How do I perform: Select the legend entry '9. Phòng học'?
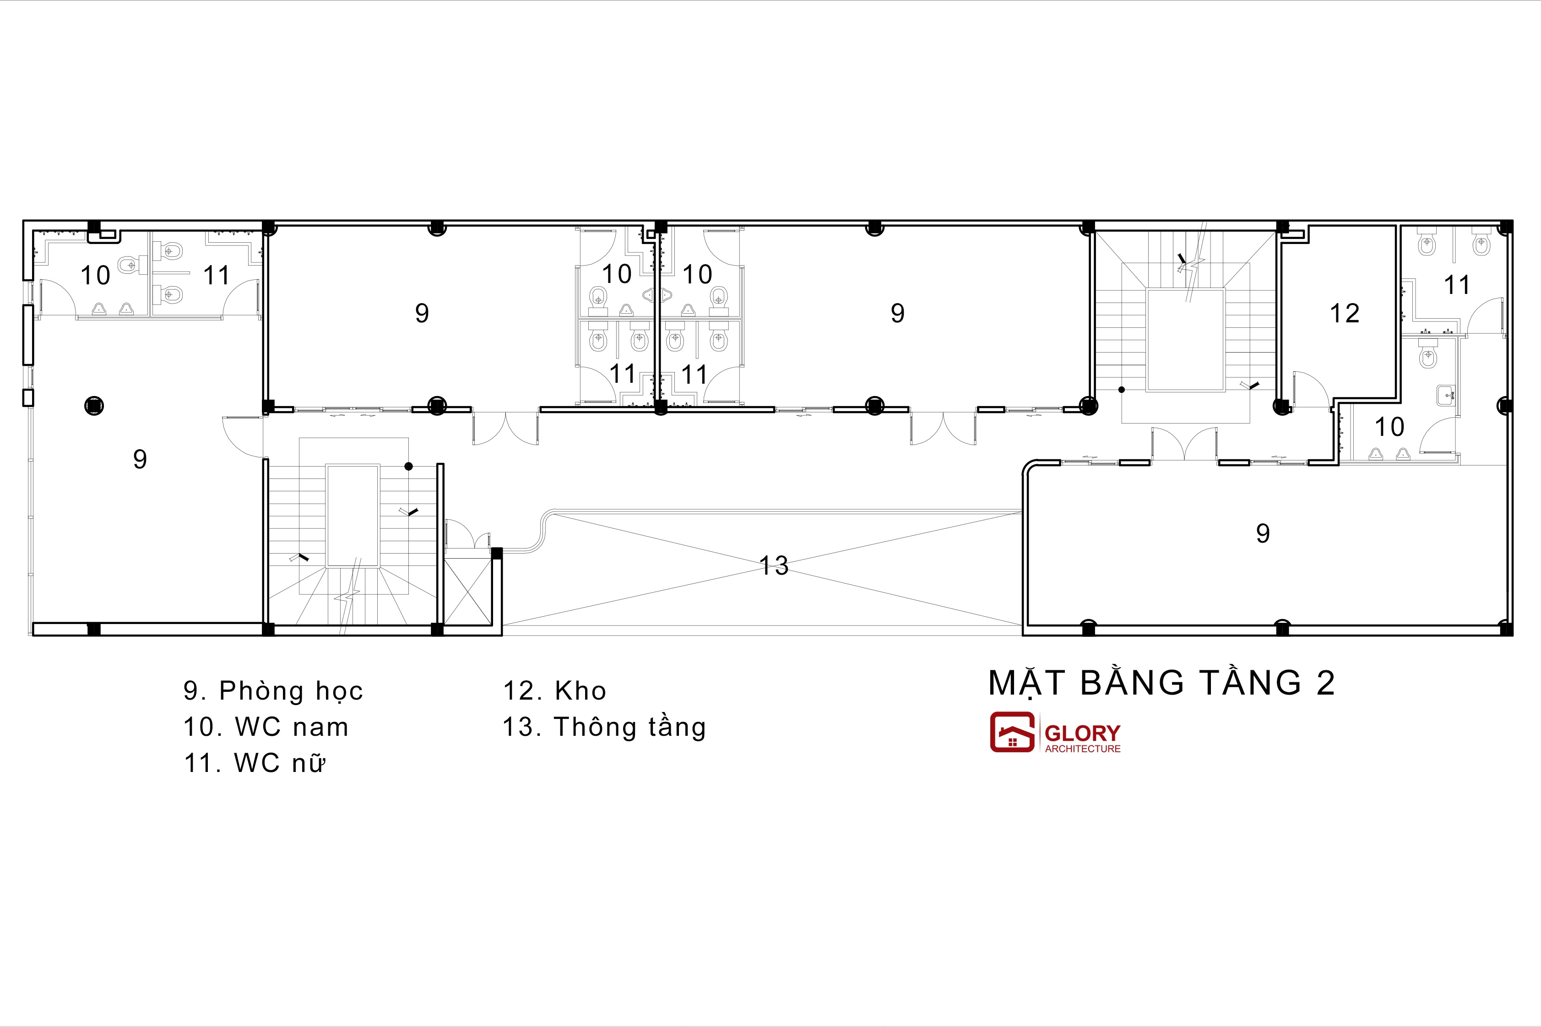[x=273, y=691]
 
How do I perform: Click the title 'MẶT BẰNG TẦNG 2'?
[x=1161, y=683]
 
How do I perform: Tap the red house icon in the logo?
[x=1012, y=732]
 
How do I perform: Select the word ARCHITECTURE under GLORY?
[x=1083, y=749]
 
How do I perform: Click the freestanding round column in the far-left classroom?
[x=94, y=406]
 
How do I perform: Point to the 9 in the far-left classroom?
[x=140, y=459]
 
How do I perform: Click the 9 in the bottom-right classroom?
[x=1263, y=534]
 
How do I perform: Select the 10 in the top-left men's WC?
[x=95, y=276]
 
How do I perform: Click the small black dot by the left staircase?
[x=409, y=467]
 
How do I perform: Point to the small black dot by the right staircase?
[x=1121, y=390]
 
